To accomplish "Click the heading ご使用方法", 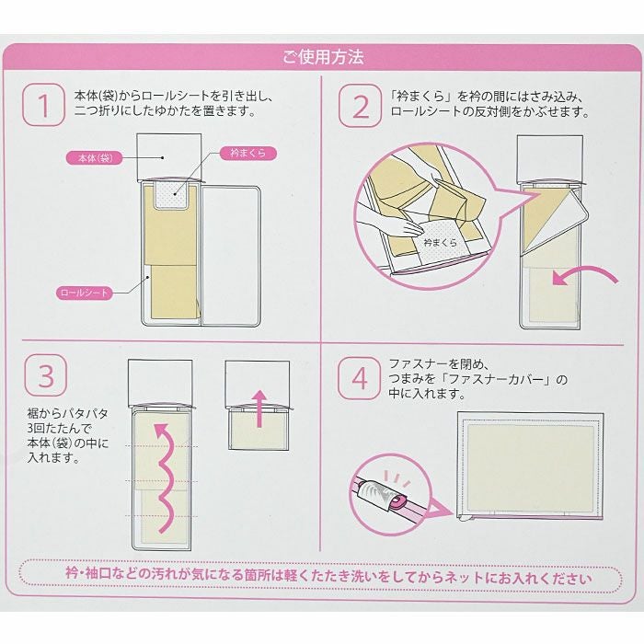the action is point(323,57).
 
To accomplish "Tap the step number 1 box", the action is point(43,104).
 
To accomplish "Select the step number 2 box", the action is point(360,105).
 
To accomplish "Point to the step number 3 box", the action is point(46,375).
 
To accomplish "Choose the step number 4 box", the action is point(359,378).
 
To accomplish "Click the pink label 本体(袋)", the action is point(95,157).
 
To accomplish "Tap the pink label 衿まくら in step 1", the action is point(248,154).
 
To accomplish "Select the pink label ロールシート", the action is point(85,293).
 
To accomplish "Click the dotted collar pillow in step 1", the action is point(172,195).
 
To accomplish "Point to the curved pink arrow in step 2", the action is point(587,271).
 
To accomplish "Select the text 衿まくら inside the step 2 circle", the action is point(440,242).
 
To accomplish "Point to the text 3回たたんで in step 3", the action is point(59,429).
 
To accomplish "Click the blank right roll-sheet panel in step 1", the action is point(231,256).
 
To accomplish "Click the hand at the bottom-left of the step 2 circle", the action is point(390,223).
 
